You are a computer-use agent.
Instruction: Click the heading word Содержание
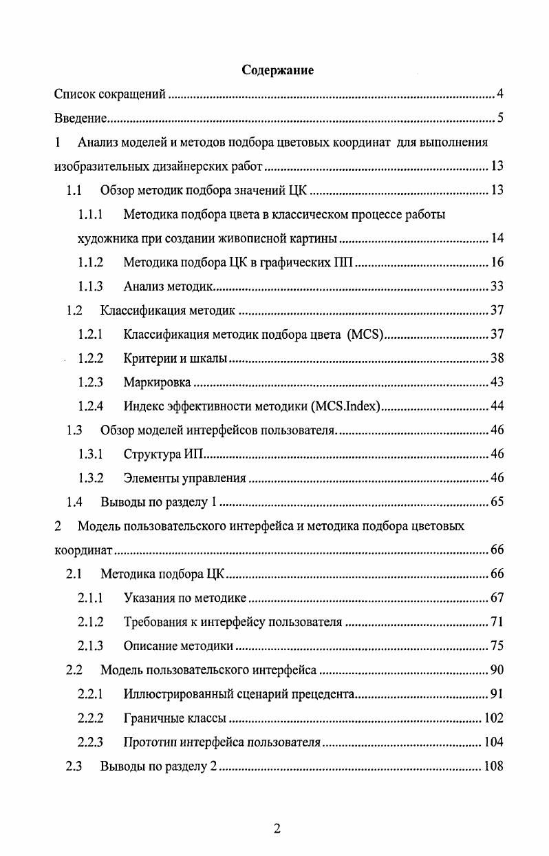277,70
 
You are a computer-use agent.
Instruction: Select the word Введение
80,118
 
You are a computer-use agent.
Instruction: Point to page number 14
497,239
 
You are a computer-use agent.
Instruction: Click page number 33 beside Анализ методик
497,286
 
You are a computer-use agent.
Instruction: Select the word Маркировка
158,383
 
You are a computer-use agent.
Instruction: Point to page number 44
497,406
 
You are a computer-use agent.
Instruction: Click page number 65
497,502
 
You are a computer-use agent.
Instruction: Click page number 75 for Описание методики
497,646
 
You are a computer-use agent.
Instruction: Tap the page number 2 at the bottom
277,828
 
